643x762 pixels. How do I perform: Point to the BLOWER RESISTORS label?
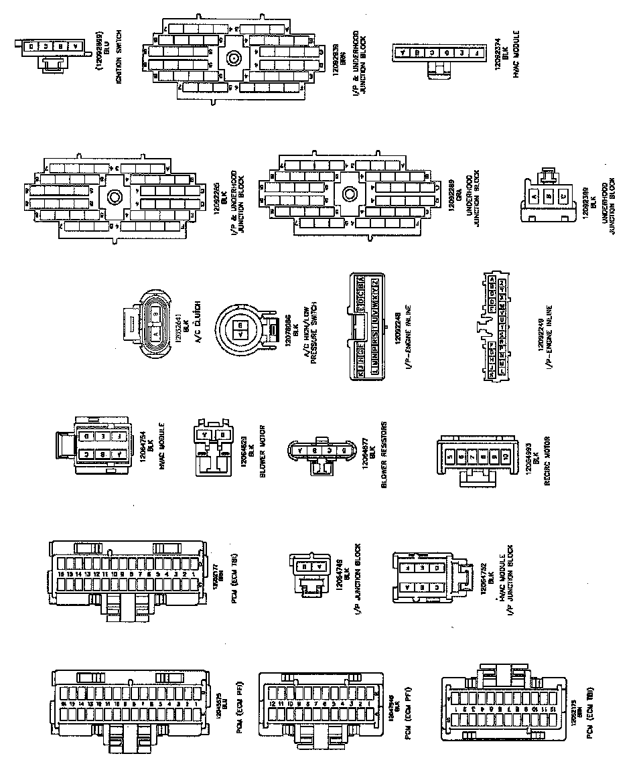[384, 455]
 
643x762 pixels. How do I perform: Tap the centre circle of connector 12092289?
[348, 195]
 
